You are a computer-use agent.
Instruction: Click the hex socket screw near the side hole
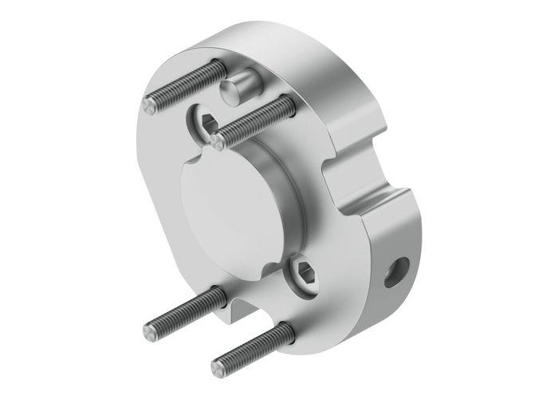tap(303, 267)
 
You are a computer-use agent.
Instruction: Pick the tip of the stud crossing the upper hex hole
tap(218, 141)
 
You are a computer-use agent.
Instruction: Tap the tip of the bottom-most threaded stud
tap(218, 368)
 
